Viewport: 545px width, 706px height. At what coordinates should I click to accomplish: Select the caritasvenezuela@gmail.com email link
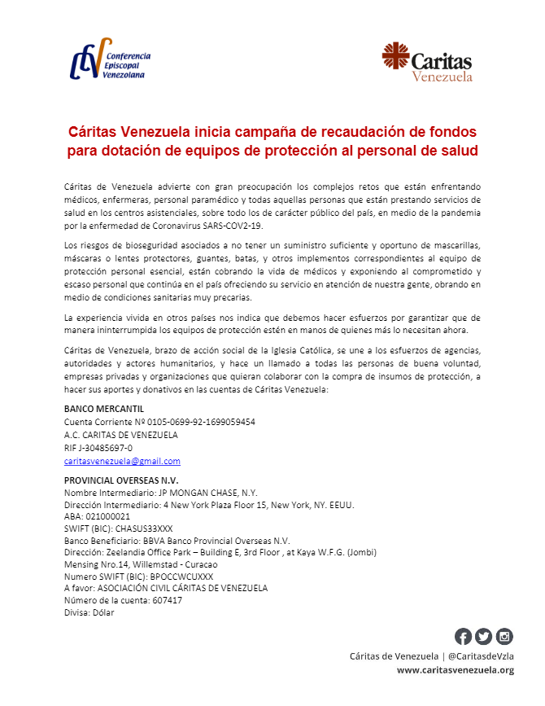122,461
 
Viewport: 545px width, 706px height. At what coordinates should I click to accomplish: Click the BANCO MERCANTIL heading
103,409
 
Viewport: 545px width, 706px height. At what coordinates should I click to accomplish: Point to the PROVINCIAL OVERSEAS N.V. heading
120,480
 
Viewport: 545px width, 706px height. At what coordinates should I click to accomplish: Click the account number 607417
167,600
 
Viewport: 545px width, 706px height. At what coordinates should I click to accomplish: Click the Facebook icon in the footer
463,637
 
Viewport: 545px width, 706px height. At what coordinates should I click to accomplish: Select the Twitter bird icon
483,637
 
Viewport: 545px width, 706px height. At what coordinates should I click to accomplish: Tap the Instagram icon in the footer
504,637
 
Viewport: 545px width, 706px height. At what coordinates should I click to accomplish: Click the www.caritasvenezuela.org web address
455,669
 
